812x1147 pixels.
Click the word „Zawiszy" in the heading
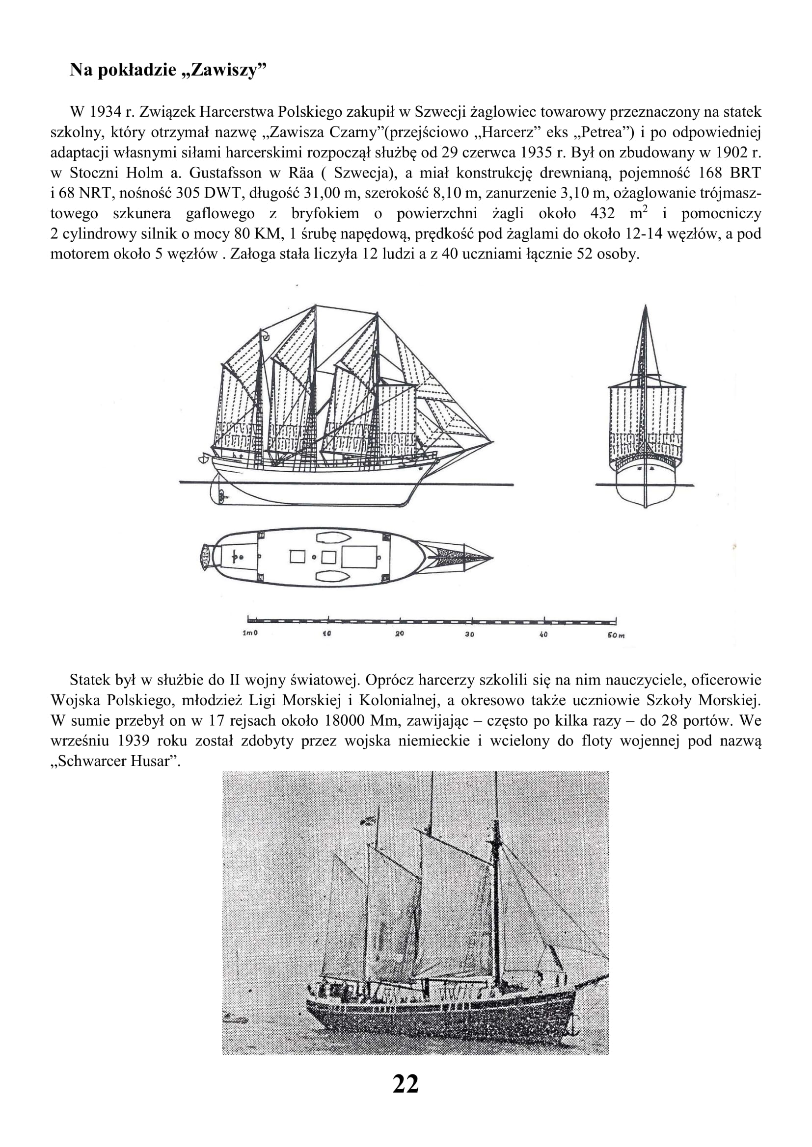[x=224, y=71]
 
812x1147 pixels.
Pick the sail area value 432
[x=602, y=214]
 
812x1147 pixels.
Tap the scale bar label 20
[x=400, y=635]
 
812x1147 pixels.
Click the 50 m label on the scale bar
[x=616, y=635]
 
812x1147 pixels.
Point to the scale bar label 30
[x=469, y=635]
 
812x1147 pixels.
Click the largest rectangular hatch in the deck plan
[x=359, y=557]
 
